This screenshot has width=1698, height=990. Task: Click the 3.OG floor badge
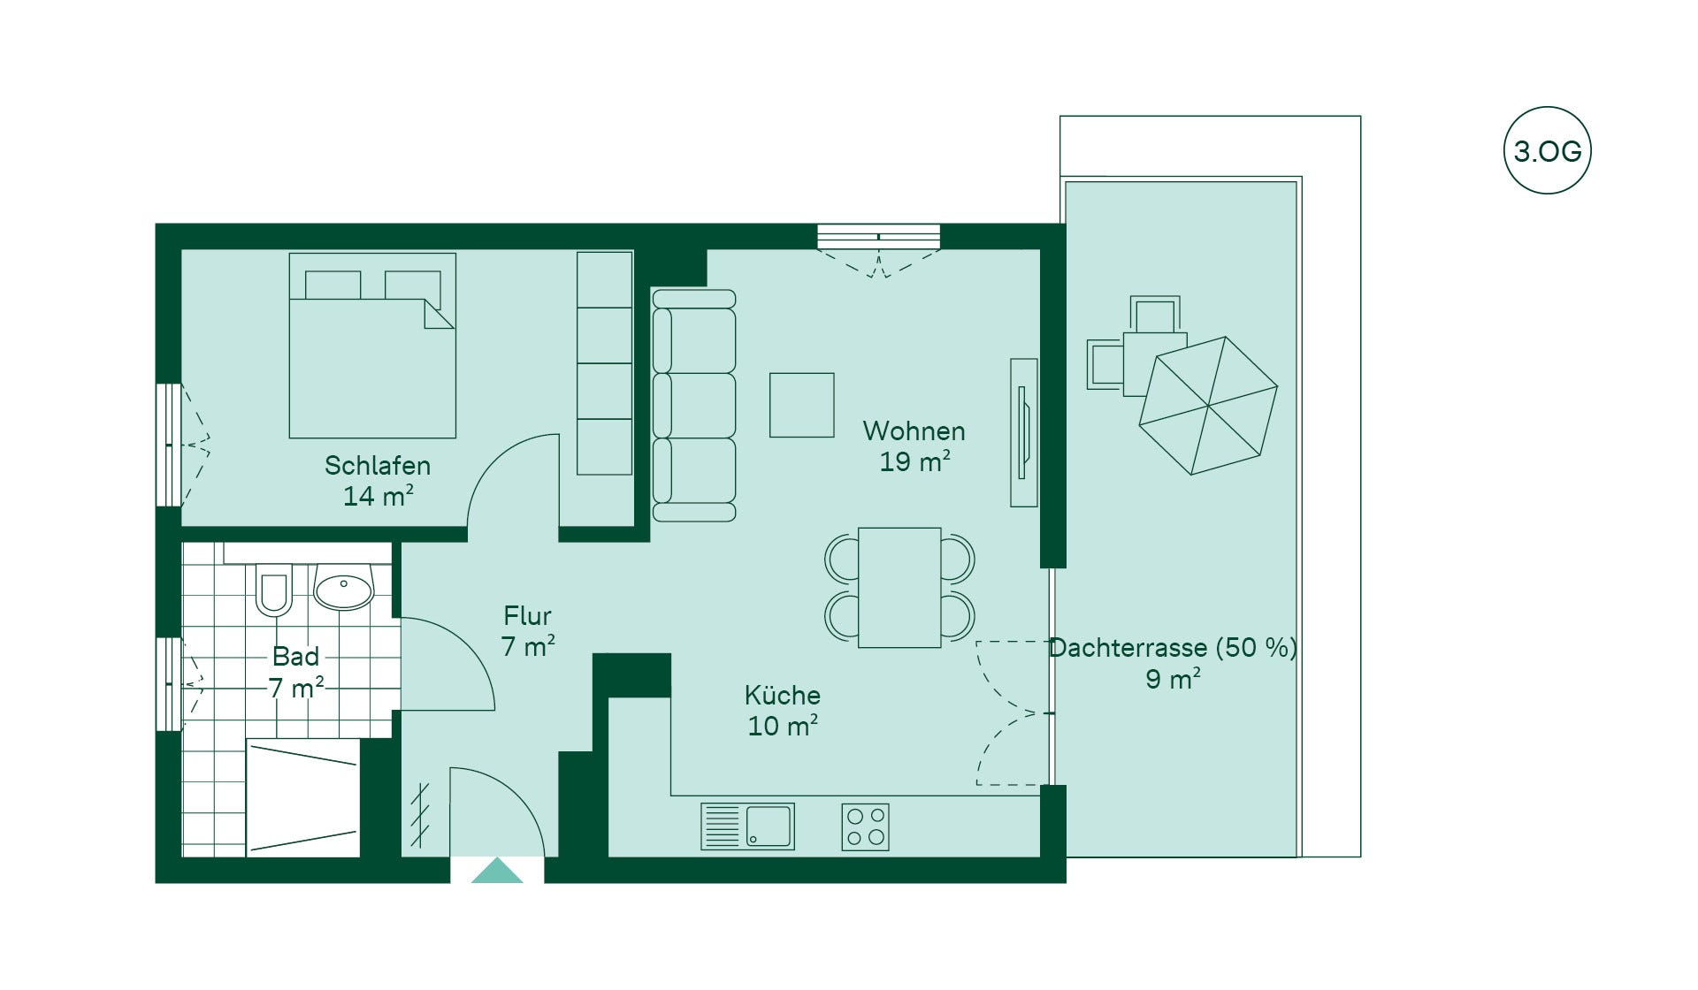(x=1547, y=150)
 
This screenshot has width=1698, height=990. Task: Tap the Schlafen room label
(x=378, y=466)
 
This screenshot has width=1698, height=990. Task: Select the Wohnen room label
(x=914, y=431)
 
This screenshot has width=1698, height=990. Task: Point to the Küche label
(x=782, y=695)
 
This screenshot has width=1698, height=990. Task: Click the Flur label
(x=527, y=615)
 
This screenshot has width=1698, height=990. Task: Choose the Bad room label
(x=295, y=657)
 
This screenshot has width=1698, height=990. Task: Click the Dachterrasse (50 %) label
(x=1173, y=648)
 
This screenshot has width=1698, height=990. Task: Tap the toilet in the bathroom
(x=273, y=589)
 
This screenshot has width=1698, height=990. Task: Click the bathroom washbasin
(x=344, y=587)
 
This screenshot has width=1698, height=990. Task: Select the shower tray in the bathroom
(x=302, y=798)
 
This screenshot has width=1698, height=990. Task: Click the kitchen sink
(x=747, y=826)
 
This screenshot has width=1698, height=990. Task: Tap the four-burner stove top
(x=865, y=826)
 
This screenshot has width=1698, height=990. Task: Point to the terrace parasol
(x=1208, y=406)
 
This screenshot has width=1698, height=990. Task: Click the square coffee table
(x=802, y=405)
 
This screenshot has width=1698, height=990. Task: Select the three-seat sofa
(x=694, y=406)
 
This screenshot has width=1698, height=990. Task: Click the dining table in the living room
(x=899, y=588)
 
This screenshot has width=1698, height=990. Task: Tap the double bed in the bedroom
(x=372, y=346)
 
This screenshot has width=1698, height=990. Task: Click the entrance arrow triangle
(x=496, y=871)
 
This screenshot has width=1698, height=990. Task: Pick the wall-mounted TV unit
(x=1024, y=432)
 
